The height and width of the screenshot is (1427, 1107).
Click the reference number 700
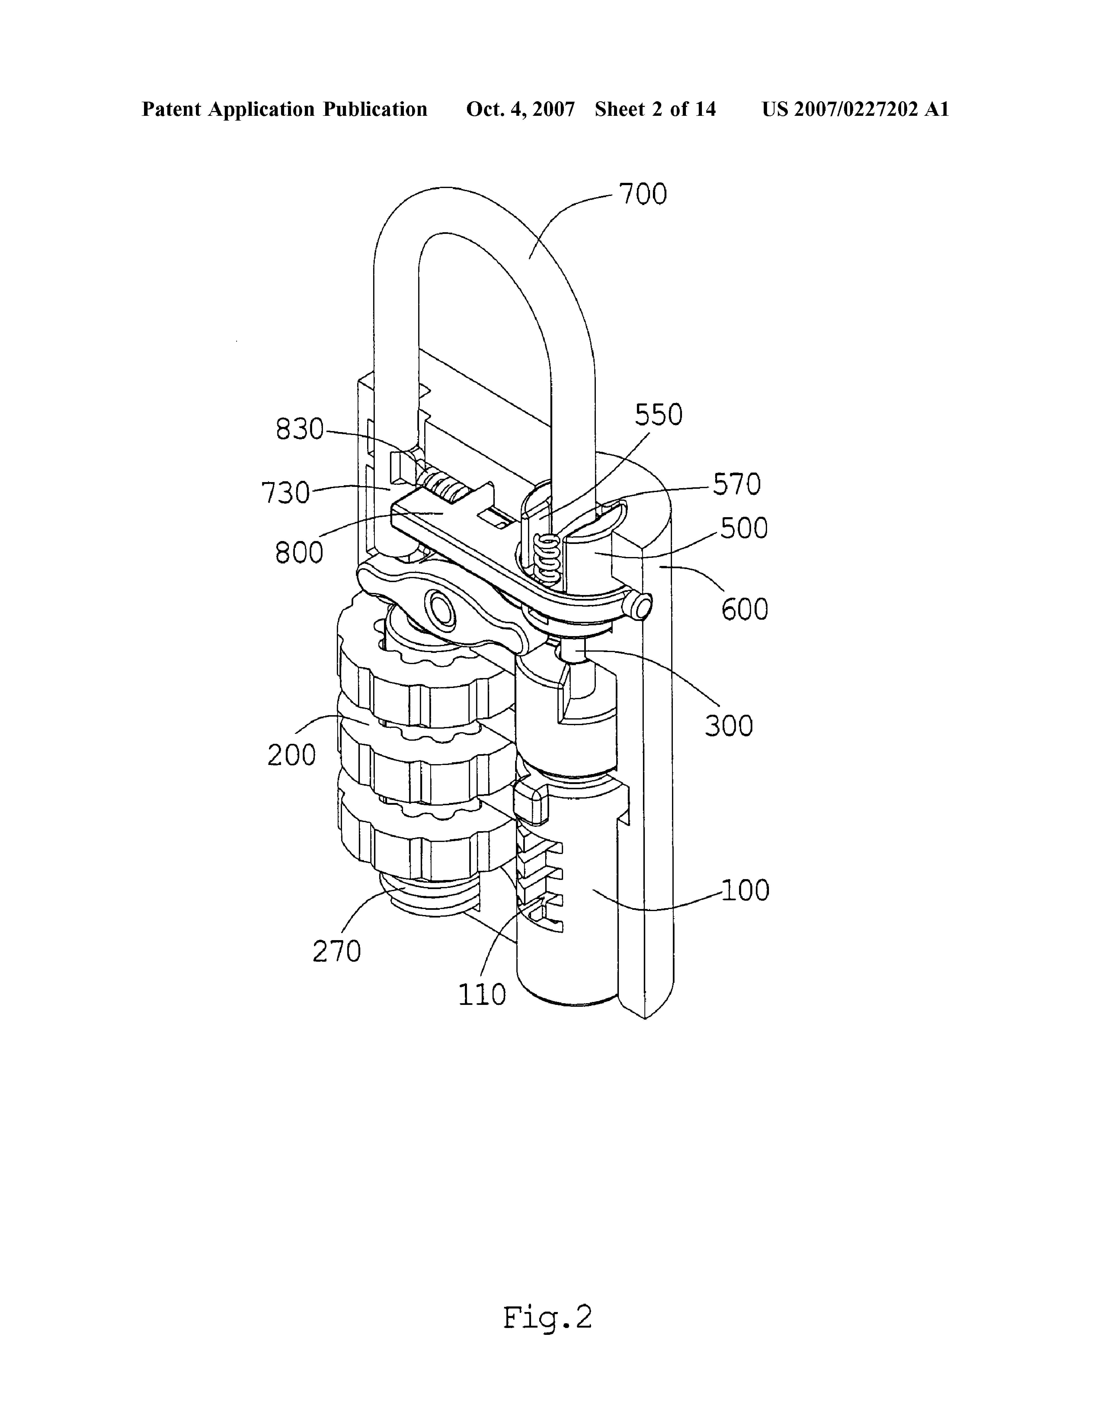[x=643, y=195]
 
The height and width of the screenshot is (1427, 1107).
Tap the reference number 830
[x=300, y=429]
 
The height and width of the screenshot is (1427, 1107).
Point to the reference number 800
[x=299, y=553]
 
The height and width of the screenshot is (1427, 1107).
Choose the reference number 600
[x=745, y=609]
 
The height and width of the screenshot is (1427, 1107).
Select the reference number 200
[x=291, y=755]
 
